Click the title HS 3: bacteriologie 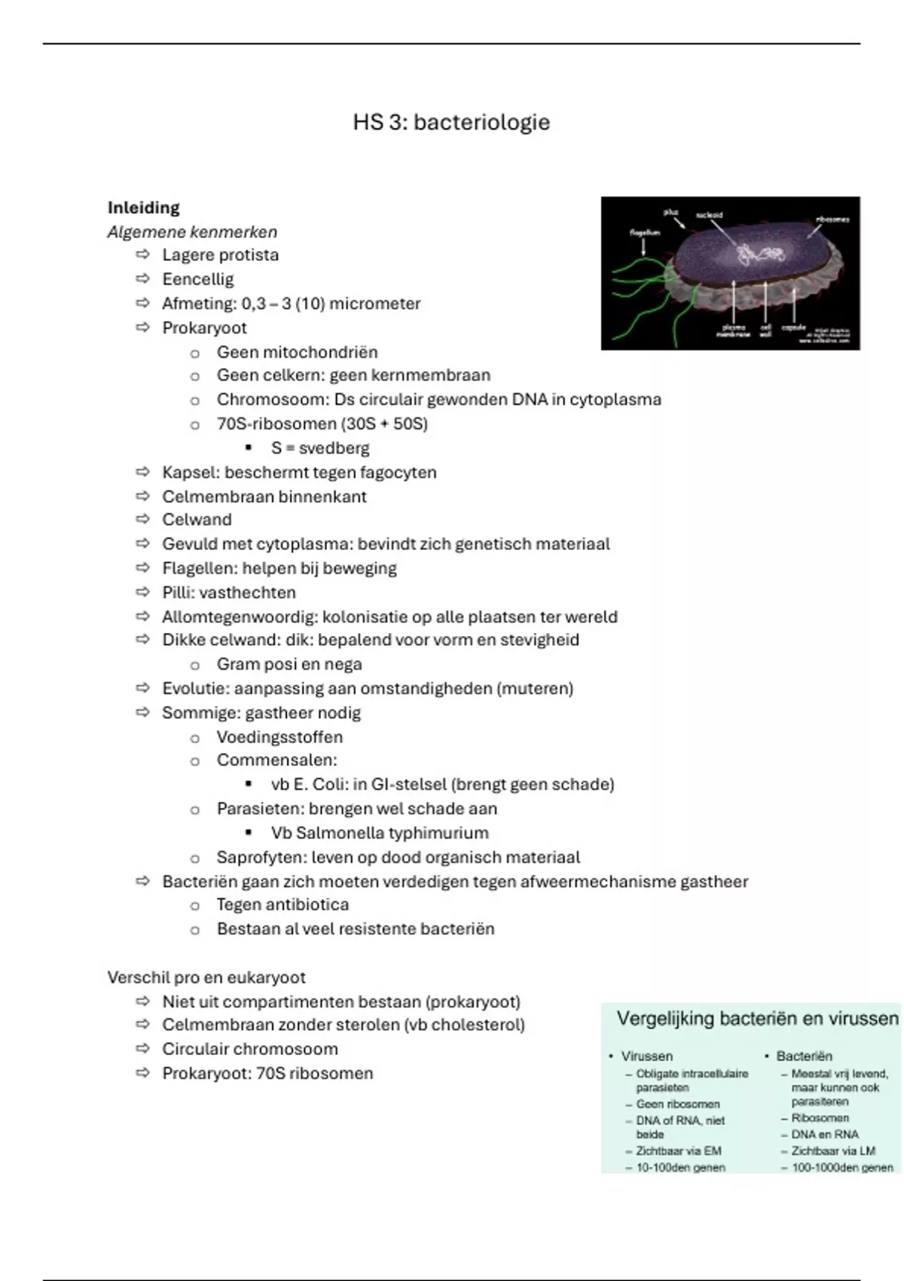click(x=451, y=122)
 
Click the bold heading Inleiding click(x=143, y=207)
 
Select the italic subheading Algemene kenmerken click(x=192, y=232)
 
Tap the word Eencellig click(x=198, y=280)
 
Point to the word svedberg click(x=334, y=448)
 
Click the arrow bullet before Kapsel click(x=143, y=472)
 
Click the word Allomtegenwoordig click(x=239, y=617)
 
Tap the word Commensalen click(x=276, y=760)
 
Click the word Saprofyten click(x=261, y=858)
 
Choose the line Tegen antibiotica click(x=282, y=905)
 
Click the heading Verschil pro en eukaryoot click(x=206, y=978)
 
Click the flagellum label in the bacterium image click(x=645, y=233)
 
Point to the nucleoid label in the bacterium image click(x=709, y=215)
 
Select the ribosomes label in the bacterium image click(x=832, y=219)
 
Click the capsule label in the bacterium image click(x=793, y=328)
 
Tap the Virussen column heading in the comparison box click(x=646, y=1056)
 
